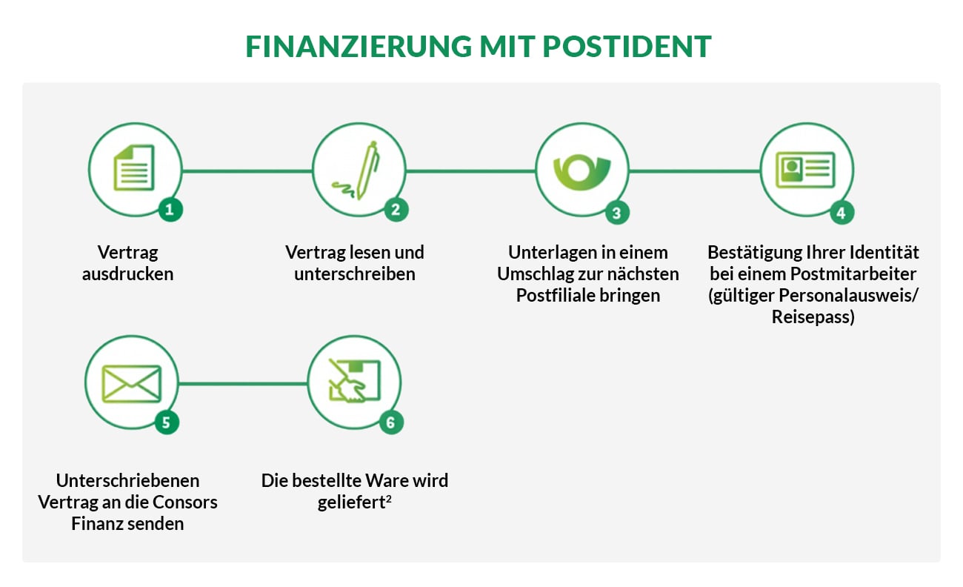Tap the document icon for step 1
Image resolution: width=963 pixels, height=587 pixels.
click(134, 168)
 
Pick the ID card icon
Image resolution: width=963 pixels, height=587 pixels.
click(805, 169)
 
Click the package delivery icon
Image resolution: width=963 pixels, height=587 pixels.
click(354, 383)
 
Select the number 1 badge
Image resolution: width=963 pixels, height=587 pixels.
click(170, 210)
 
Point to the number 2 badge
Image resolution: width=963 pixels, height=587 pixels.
click(396, 210)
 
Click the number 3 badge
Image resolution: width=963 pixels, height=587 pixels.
click(616, 213)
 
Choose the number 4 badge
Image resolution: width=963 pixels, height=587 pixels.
click(841, 213)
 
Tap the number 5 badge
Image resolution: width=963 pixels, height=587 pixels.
click(166, 422)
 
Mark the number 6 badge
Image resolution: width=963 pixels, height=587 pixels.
click(391, 422)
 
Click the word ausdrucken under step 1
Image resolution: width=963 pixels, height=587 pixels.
click(127, 273)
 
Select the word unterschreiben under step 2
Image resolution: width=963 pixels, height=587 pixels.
click(355, 273)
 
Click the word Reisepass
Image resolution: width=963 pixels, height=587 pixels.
click(813, 317)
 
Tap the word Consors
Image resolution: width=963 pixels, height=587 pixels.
click(184, 502)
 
